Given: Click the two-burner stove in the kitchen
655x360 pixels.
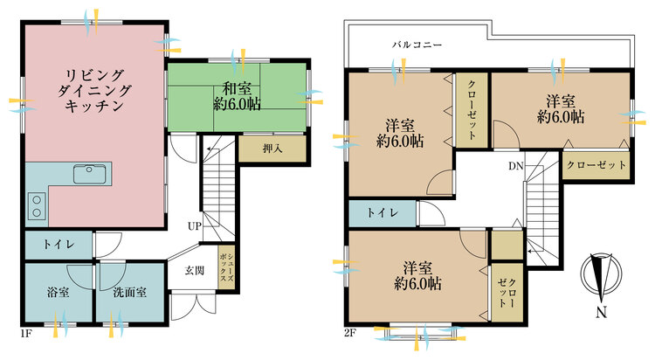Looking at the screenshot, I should (x=38, y=206).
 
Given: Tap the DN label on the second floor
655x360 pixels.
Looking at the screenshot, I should (x=517, y=164).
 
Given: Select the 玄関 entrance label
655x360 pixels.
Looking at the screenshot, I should (x=194, y=270).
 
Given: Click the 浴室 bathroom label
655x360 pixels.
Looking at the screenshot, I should (x=58, y=291).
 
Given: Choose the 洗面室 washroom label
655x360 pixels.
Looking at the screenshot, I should (x=128, y=291).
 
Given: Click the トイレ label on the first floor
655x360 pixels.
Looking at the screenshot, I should (x=58, y=246).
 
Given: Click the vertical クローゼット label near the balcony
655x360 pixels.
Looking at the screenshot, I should (x=471, y=110).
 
